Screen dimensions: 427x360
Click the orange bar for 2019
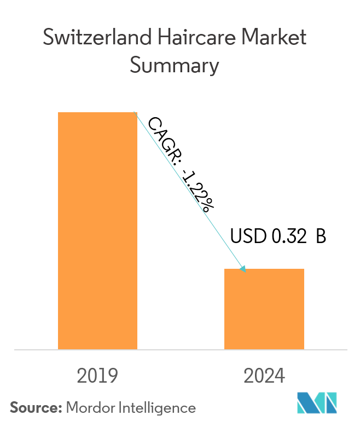pyautogui.click(x=97, y=230)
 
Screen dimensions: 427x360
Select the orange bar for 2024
pyautogui.click(x=264, y=309)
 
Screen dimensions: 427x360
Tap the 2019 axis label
pyautogui.click(x=97, y=376)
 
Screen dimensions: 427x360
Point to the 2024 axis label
pyautogui.click(x=264, y=376)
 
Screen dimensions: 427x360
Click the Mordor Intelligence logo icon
pyautogui.click(x=317, y=403)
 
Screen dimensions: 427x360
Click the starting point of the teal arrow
pyautogui.click(x=135, y=113)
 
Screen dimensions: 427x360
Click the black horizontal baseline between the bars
pyautogui.click(x=181, y=349)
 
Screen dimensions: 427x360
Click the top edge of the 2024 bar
pyautogui.click(x=264, y=269)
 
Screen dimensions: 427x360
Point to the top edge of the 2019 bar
pyautogui.click(x=97, y=112)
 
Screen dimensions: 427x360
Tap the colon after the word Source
pyautogui.click(x=60, y=408)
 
